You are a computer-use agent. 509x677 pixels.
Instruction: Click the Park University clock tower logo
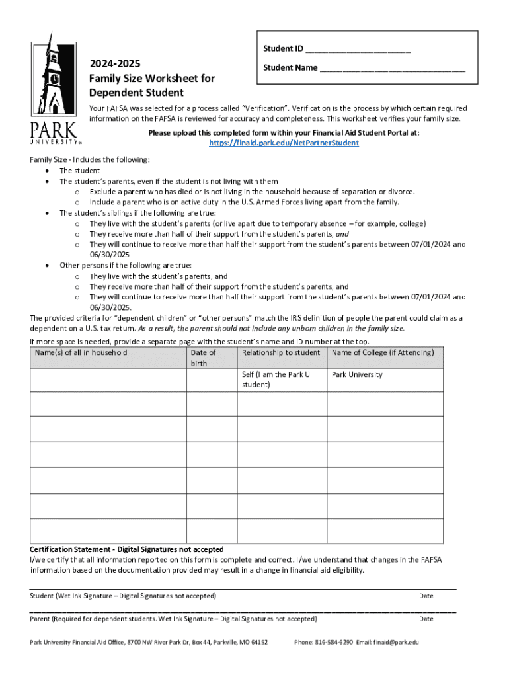[54, 86]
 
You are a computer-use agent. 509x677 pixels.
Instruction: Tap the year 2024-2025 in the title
[115, 63]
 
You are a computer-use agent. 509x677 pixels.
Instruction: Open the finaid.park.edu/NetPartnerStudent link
[284, 143]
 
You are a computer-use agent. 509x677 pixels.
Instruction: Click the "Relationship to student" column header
[280, 352]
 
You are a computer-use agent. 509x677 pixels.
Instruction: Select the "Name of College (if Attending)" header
[383, 352]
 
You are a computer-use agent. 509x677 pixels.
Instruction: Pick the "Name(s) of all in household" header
[81, 352]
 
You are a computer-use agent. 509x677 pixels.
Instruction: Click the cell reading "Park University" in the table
[357, 374]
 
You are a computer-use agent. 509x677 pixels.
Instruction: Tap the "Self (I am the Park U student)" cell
[276, 379]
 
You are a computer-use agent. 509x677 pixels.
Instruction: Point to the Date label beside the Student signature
[426, 596]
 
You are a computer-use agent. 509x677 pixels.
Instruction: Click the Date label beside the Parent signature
[426, 619]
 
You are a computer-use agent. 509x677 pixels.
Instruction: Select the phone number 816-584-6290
[334, 642]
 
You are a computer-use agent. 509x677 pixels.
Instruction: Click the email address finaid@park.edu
[397, 642]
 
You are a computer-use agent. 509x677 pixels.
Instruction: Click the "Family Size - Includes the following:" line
[90, 159]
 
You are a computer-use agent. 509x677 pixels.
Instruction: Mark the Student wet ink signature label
[123, 596]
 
